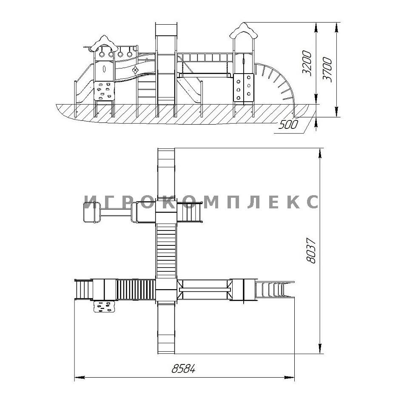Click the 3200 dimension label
click(307, 63)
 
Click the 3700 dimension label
click(327, 70)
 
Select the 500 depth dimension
click(288, 125)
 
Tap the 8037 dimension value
click(311, 251)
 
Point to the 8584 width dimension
click(183, 369)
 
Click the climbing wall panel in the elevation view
click(104, 91)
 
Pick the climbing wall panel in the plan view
click(104, 307)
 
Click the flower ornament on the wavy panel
click(135, 70)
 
